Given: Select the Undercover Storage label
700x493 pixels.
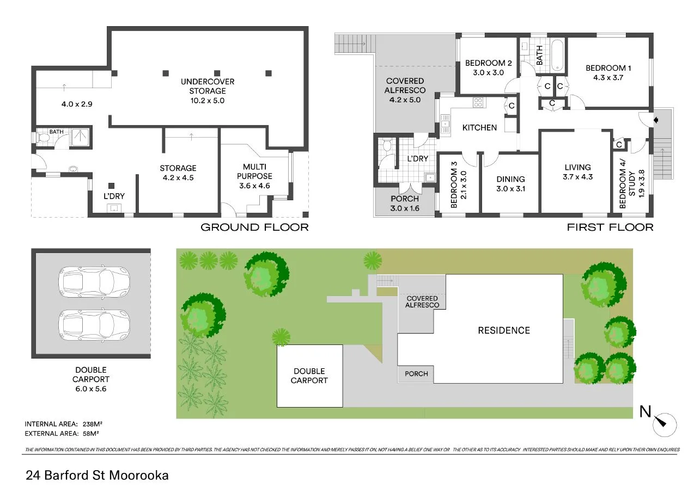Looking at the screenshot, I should click(x=208, y=91).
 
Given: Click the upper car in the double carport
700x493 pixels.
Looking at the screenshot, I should click(x=94, y=282).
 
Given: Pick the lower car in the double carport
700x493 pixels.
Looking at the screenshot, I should click(x=94, y=324).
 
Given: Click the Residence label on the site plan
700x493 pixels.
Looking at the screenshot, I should click(x=503, y=330).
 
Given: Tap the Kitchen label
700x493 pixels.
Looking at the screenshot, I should click(x=479, y=127).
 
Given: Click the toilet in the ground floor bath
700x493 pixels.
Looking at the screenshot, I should click(x=41, y=138).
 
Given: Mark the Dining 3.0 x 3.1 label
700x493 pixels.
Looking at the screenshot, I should click(x=510, y=183).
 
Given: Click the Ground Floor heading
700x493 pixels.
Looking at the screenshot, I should click(x=254, y=227).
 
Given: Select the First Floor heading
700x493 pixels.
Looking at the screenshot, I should click(x=610, y=227).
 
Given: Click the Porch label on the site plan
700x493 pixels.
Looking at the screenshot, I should click(x=417, y=374).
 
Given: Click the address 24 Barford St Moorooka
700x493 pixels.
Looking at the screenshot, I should click(x=98, y=475).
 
